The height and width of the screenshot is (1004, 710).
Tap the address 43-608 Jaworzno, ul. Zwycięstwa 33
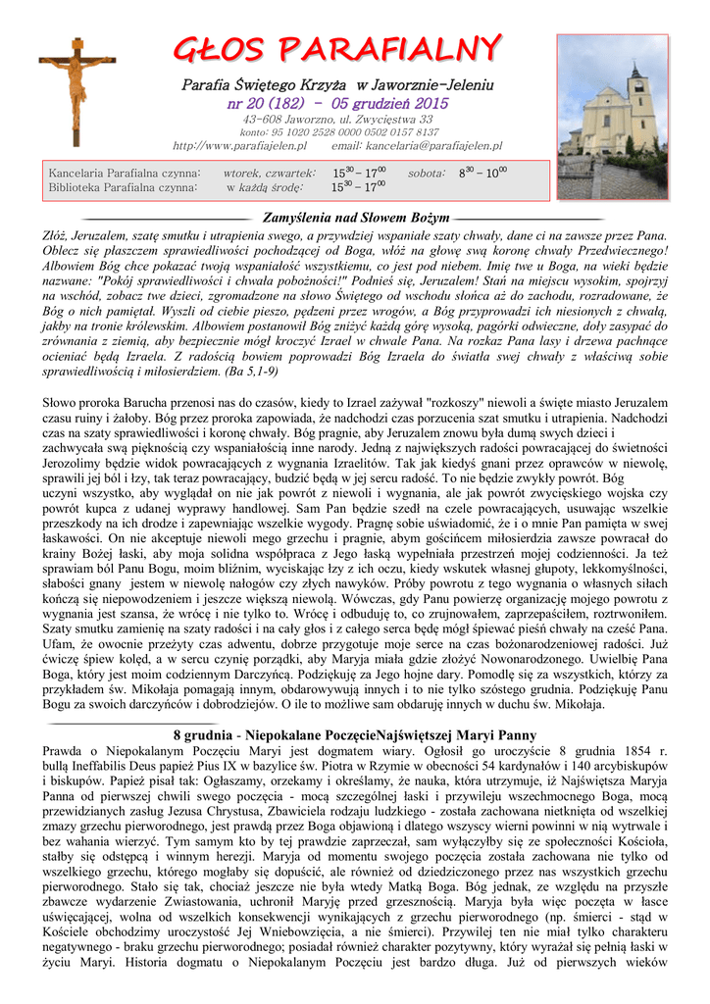(x=337, y=119)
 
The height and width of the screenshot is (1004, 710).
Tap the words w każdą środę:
(x=265, y=187)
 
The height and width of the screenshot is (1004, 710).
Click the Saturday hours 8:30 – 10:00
(x=482, y=173)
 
